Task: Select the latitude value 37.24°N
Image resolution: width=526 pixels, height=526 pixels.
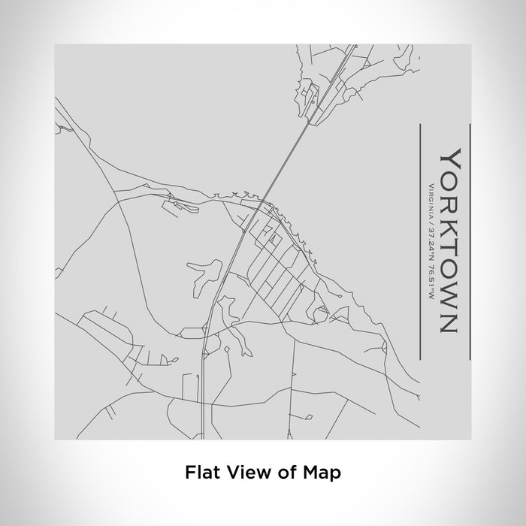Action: (x=429, y=237)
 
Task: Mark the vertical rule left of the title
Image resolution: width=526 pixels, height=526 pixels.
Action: (x=418, y=233)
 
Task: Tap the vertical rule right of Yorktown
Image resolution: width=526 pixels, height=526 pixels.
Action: (x=469, y=233)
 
